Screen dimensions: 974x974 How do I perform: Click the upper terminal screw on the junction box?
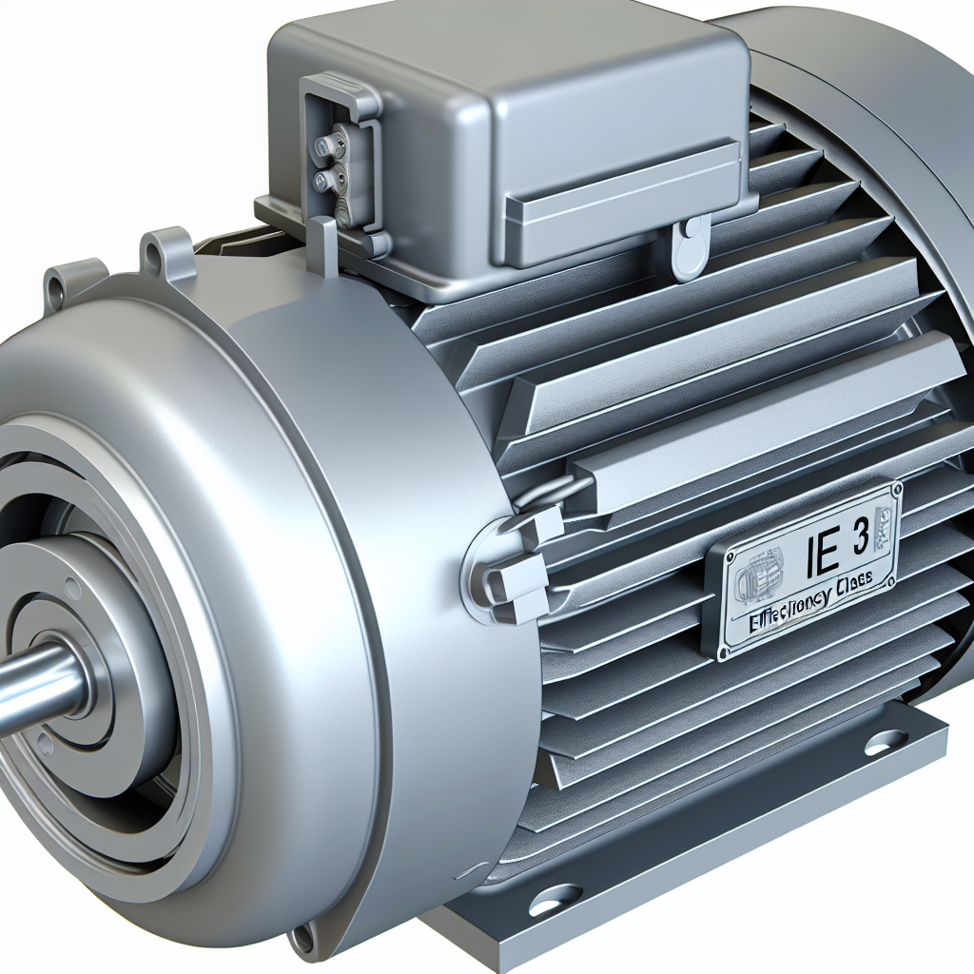pos(329,146)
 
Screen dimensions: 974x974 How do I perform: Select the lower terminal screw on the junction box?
pos(327,178)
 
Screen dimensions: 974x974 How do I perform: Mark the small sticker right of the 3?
pos(885,528)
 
